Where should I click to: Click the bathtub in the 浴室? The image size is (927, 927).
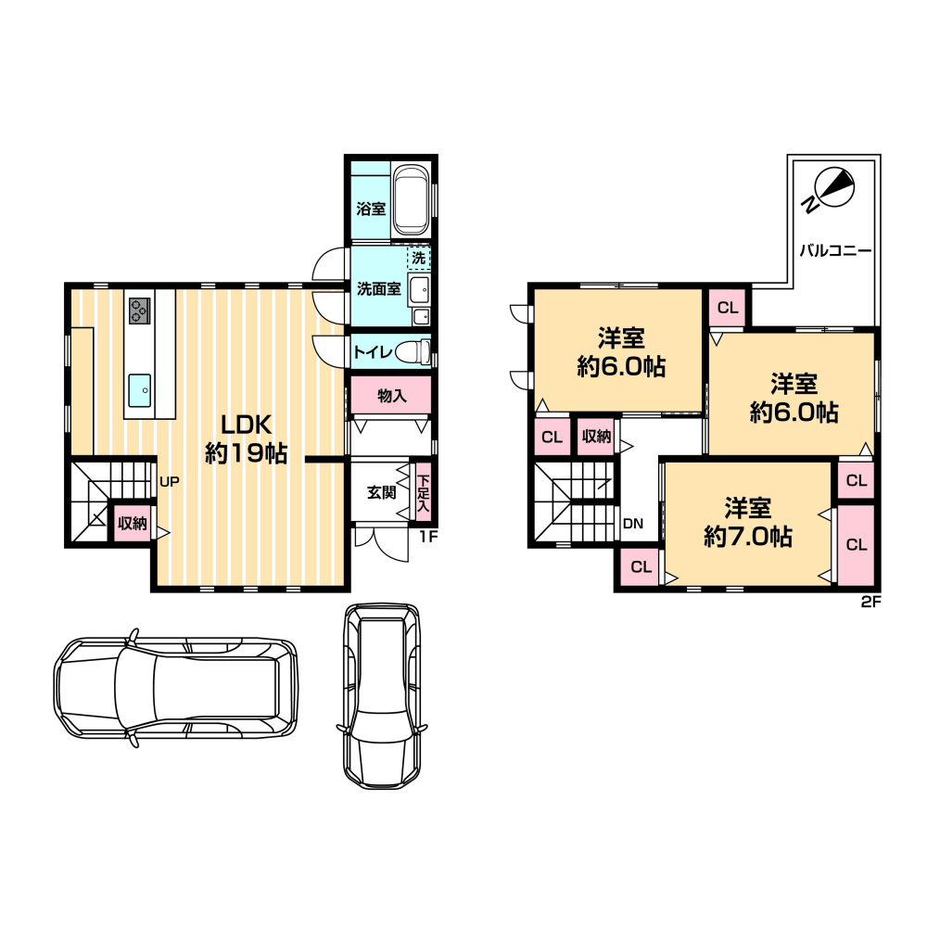pos(411,200)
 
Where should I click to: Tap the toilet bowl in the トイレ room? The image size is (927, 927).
pos(413,352)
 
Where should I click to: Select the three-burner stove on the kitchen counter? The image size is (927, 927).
pos(140,311)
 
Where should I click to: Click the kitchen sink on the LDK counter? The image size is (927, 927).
pos(140,390)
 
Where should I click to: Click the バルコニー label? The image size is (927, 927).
pos(835,250)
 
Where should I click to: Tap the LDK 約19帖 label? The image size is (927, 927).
pos(246,438)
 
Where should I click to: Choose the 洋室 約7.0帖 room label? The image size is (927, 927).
pos(748,522)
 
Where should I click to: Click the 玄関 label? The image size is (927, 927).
pos(381,492)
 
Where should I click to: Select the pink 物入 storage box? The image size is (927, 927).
pos(391,395)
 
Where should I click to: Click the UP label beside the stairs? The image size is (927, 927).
pos(169,482)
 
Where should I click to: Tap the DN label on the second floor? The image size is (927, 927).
pos(633,523)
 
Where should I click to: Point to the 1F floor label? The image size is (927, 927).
pos(428,537)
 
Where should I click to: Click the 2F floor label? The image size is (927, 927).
pos(871,602)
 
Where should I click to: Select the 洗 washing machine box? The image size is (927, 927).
pos(419,258)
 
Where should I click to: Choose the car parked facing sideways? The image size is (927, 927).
pos(176,688)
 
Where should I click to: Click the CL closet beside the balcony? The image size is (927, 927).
pos(728,308)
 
